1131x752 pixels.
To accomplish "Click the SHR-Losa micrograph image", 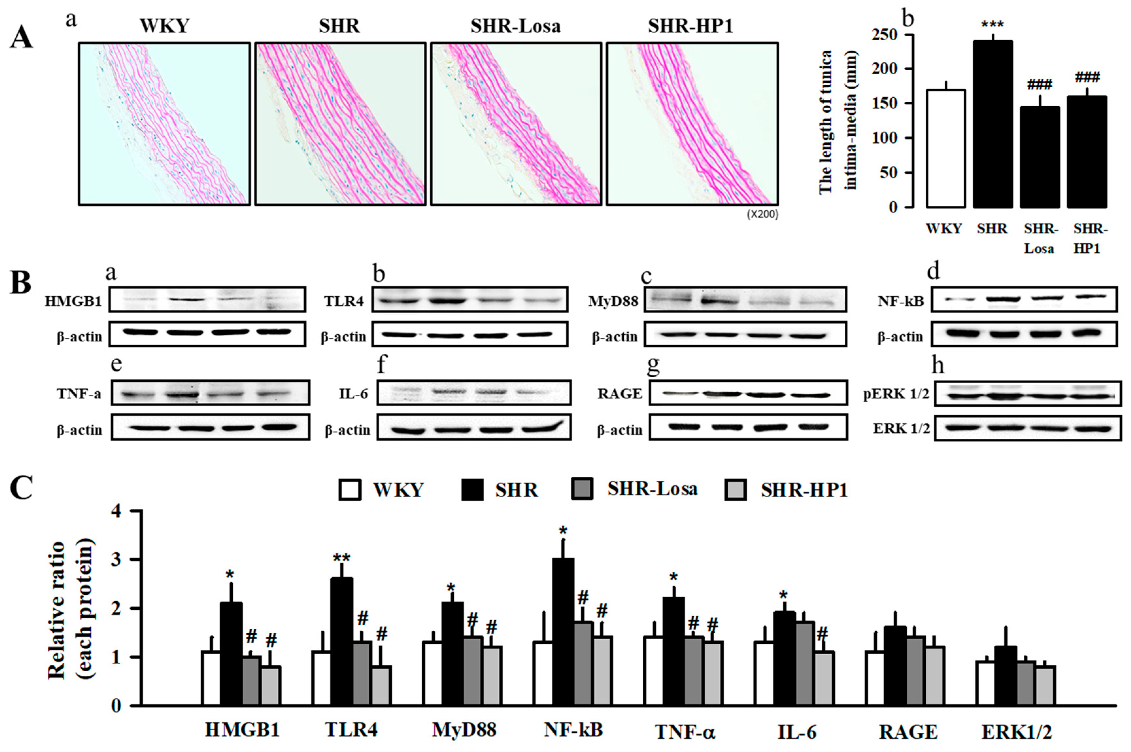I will pyautogui.click(x=516, y=124).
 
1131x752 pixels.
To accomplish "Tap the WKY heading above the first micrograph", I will pyautogui.click(x=164, y=26).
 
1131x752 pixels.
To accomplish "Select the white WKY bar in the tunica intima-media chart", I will pyautogui.click(x=945, y=149).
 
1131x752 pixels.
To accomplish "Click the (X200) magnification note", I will pyautogui.click(x=762, y=214).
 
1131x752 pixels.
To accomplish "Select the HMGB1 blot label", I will pyautogui.click(x=73, y=301).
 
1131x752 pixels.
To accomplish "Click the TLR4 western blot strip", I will pyautogui.click(x=470, y=300).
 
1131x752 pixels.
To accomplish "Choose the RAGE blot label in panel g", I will pyautogui.click(x=619, y=394).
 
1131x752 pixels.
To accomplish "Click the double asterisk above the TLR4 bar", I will pyautogui.click(x=341, y=558).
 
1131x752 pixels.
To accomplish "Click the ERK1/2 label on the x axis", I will pyautogui.click(x=1016, y=732).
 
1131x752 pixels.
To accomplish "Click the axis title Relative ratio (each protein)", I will pyautogui.click(x=71, y=609).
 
